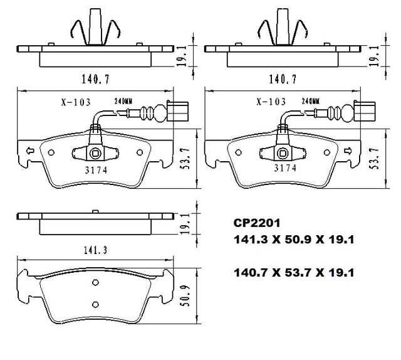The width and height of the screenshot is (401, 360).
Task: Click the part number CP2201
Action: pos(257,223)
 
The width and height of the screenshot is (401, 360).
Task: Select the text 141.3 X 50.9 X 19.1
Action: pos(294,240)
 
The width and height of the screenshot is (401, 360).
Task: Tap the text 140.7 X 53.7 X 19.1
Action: pos(294,273)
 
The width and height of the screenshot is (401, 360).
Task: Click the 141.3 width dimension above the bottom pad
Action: pos(95,250)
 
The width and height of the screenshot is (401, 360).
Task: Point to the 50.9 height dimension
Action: pos(186,295)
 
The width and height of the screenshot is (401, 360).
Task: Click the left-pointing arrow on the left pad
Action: pos(30,151)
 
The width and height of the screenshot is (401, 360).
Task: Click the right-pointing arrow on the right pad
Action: pos(348,151)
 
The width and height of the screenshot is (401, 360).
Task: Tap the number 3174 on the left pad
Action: pos(96,170)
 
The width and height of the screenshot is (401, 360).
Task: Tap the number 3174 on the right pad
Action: pos(285,168)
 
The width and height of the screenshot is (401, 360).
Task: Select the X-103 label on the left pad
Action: pos(76,102)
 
